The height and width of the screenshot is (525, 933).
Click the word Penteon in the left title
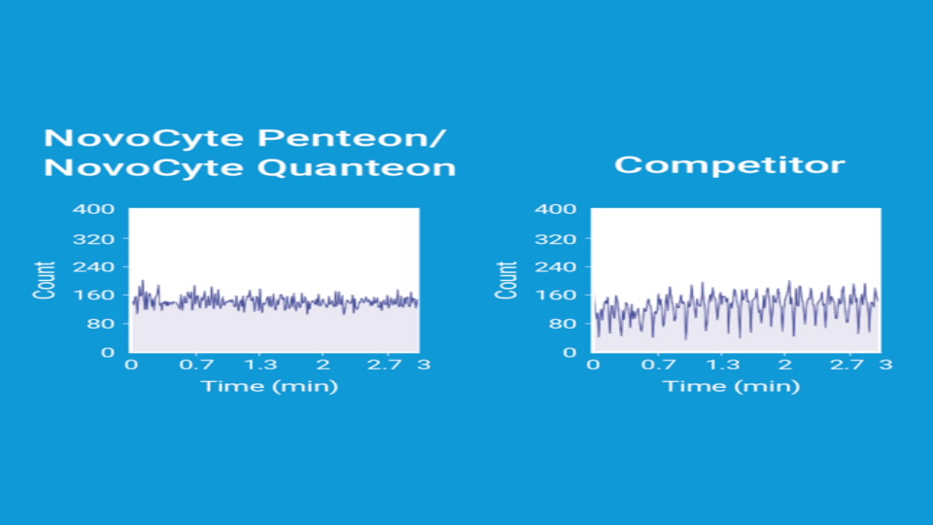coord(352,138)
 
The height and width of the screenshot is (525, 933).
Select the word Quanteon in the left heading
coord(357,167)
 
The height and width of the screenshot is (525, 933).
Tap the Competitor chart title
coord(730,165)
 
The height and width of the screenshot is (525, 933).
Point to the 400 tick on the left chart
coord(93,209)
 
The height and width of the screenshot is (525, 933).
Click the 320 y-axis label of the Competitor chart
coord(555,239)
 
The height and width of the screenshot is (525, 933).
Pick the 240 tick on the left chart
coord(93,266)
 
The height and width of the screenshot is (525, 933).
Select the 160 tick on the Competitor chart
coord(555,295)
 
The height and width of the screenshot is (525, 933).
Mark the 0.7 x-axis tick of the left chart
coord(196,365)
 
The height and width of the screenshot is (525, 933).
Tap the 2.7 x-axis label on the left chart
coord(385,365)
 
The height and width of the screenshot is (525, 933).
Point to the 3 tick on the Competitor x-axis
coord(886,365)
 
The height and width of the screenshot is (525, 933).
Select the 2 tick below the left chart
coord(323,365)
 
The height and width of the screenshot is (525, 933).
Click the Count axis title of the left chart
coord(45,280)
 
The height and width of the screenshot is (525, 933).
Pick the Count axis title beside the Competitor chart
coord(506,280)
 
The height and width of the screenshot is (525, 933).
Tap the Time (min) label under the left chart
coord(269,386)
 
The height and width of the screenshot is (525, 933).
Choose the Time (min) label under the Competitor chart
coord(731,386)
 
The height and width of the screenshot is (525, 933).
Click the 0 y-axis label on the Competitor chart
coord(570,352)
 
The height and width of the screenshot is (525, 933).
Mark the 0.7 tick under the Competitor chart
coord(658,365)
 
